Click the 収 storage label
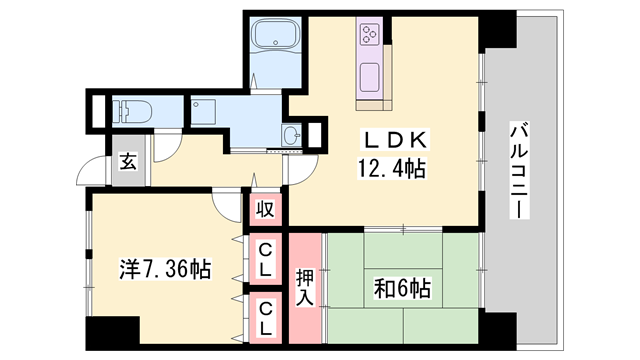pos(265,209)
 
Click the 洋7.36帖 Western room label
pos(164,269)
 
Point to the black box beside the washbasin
pos(316,135)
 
